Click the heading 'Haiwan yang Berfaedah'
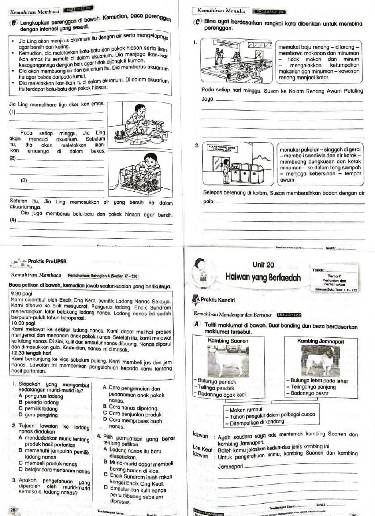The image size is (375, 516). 263,277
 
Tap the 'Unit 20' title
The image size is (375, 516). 263,265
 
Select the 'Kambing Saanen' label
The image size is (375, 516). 228,341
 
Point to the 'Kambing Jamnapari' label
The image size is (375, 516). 320,341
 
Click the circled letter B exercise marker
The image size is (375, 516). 14,22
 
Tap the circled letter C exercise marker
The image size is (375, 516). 198,22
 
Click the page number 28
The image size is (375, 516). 12,509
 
